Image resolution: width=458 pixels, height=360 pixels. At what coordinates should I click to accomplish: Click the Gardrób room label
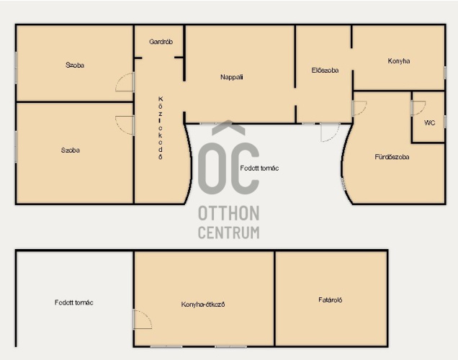[161, 42]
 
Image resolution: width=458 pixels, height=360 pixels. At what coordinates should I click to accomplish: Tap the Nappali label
[232, 77]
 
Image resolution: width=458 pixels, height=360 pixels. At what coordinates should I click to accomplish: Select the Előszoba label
[325, 71]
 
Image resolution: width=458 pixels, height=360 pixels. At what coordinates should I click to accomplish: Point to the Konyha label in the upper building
[399, 61]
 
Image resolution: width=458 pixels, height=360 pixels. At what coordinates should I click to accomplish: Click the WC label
[429, 123]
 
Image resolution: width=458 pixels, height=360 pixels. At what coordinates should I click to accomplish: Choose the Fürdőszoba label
[392, 157]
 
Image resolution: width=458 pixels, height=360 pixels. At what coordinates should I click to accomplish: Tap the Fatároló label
[330, 300]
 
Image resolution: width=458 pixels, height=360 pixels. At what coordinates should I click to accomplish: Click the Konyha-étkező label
[203, 305]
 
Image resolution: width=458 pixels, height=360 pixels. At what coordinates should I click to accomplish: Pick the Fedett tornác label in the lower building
[74, 302]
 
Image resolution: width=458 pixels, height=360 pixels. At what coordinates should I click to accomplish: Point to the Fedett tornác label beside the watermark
[259, 168]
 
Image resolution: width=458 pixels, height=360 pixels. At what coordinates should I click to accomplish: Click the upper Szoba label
[75, 65]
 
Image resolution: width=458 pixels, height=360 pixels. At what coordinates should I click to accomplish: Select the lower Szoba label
[71, 150]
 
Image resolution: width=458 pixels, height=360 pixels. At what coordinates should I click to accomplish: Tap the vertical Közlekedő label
[161, 128]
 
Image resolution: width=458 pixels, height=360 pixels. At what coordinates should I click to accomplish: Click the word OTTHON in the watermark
[229, 213]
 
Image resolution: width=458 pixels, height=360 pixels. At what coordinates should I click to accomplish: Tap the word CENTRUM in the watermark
[229, 233]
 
